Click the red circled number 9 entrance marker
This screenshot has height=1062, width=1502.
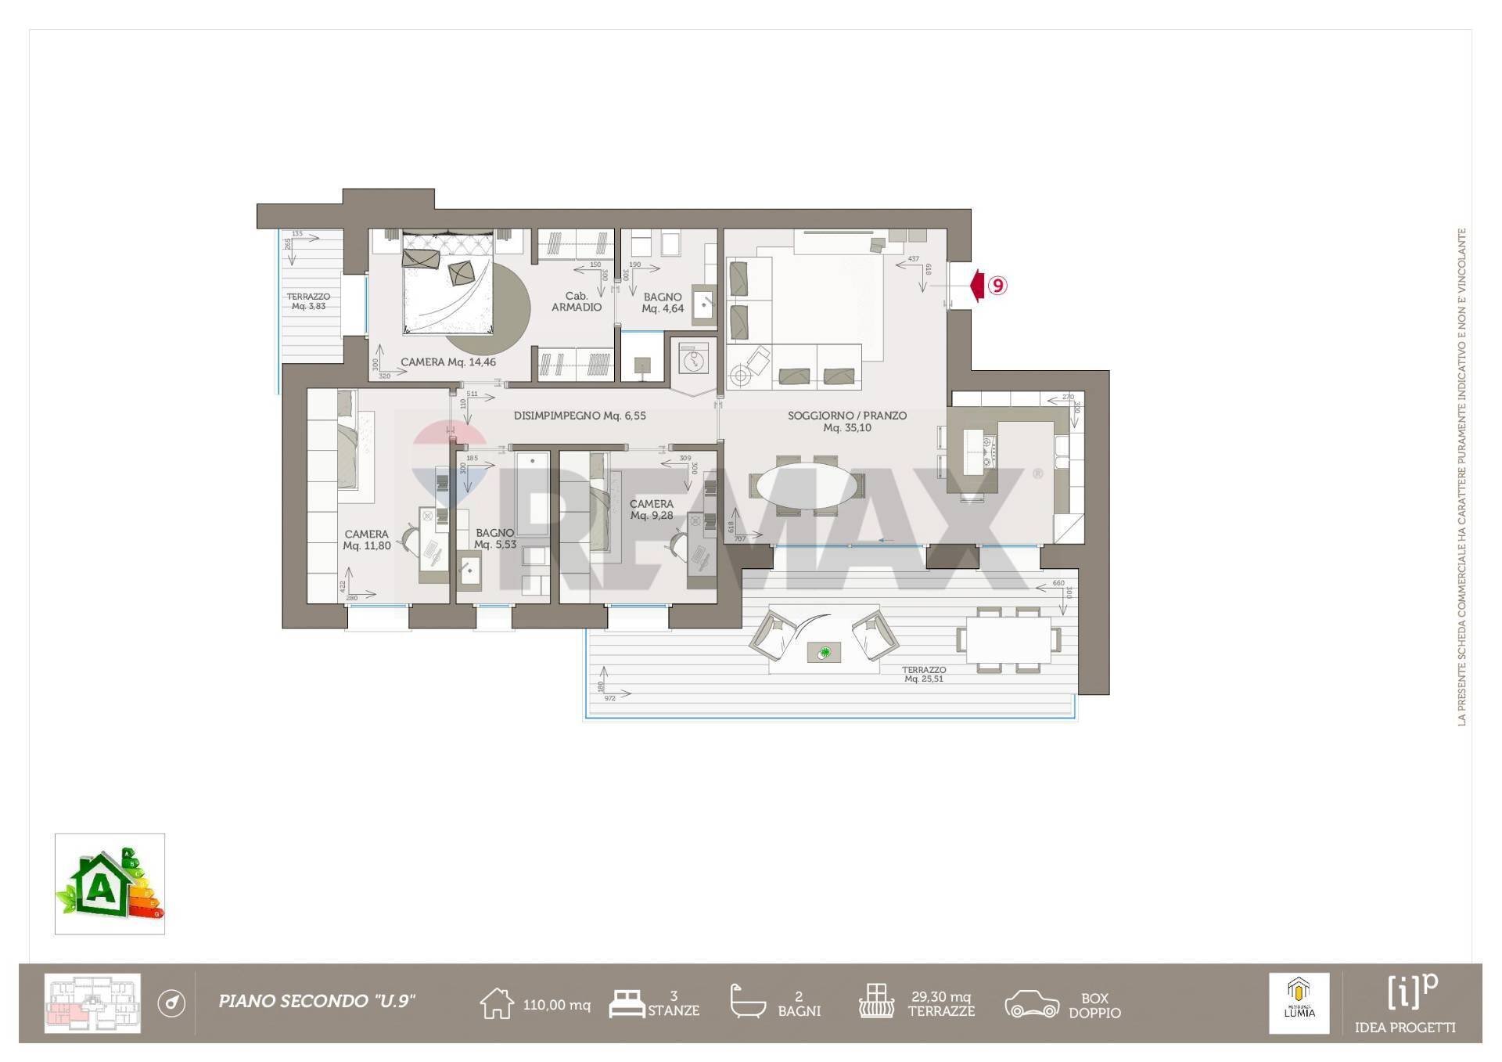tap(997, 286)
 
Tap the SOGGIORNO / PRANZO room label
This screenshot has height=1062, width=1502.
tap(847, 421)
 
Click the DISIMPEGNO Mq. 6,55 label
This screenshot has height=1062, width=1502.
tap(580, 416)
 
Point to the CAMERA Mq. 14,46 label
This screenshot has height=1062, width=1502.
tap(448, 362)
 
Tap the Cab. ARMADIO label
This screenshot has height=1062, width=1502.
tap(577, 301)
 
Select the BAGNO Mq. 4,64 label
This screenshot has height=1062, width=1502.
tap(663, 303)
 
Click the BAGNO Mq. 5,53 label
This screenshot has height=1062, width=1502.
tap(495, 538)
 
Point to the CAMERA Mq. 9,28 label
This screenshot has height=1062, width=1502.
tap(652, 509)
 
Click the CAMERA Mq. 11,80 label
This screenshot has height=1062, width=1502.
tap(366, 540)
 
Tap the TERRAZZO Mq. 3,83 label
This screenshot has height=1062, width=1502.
tap(308, 301)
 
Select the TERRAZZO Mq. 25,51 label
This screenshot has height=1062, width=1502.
tap(924, 674)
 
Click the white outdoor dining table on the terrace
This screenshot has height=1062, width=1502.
tap(1008, 639)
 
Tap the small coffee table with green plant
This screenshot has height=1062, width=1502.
tap(824, 652)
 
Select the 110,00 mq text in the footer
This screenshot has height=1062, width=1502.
tap(556, 1005)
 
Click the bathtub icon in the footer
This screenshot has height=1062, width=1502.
tap(747, 1002)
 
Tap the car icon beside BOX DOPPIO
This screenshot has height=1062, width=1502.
tap(1032, 1004)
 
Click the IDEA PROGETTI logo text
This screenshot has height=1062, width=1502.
tap(1405, 1028)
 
